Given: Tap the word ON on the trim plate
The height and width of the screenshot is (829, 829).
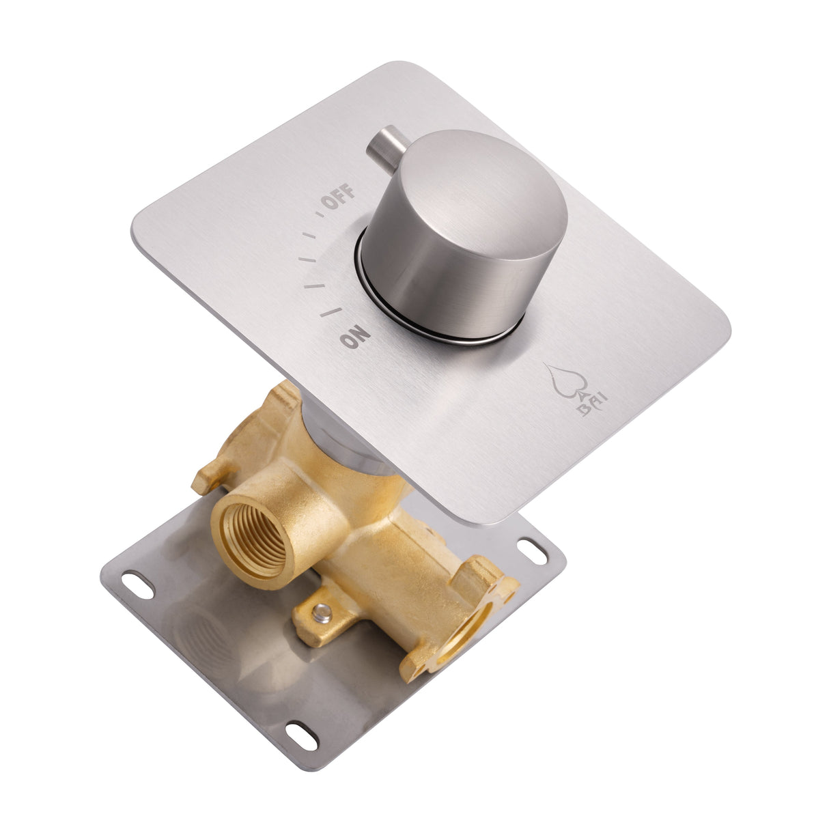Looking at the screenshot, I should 356,337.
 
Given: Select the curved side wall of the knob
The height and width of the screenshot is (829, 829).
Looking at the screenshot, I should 437,273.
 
